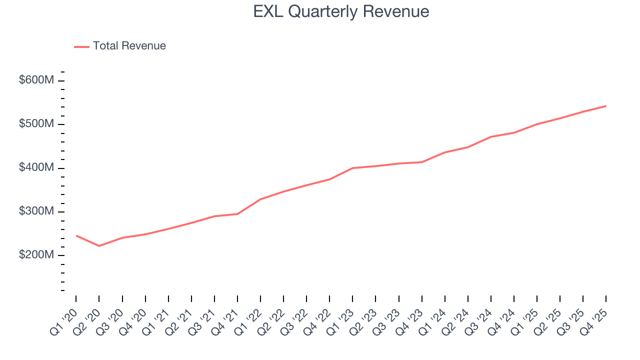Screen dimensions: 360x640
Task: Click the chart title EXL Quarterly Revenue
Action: click(x=341, y=11)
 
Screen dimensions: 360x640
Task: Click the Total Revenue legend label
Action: click(x=129, y=46)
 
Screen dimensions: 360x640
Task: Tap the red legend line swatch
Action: click(x=81, y=46)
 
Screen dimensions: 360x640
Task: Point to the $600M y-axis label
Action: click(x=36, y=80)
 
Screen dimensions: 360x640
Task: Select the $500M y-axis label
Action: click(x=36, y=124)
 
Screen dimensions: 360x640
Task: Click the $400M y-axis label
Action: click(x=36, y=168)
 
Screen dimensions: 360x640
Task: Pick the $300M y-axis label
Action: click(x=36, y=211)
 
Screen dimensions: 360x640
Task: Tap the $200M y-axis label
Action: click(x=36, y=255)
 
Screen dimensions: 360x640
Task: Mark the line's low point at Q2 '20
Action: click(x=99, y=246)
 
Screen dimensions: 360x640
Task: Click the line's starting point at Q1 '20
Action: click(x=76, y=235)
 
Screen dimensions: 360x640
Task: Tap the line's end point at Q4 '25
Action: click(x=606, y=106)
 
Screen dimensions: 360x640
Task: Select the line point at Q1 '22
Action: click(x=260, y=199)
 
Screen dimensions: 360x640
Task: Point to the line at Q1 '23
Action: click(x=352, y=168)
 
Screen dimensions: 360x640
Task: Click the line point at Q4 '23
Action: click(x=421, y=162)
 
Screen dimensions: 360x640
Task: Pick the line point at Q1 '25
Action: click(x=537, y=124)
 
